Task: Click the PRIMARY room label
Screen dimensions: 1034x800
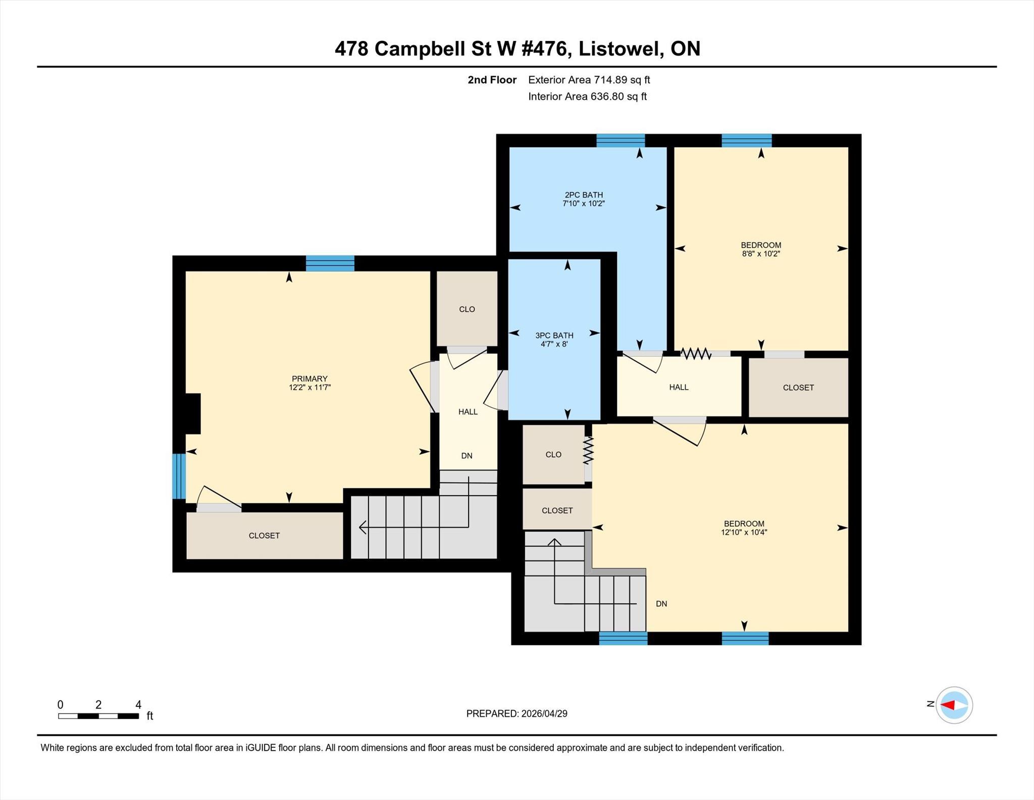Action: pos(309,379)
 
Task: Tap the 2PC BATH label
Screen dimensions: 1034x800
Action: pos(584,195)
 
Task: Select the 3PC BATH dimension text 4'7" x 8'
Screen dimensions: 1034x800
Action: pos(554,344)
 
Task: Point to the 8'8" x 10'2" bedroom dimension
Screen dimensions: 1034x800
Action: pos(761,254)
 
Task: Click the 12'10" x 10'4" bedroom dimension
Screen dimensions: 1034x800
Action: pos(744,532)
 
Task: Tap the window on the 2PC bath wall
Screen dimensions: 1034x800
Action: pos(621,140)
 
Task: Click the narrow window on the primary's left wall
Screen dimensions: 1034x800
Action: pos(179,476)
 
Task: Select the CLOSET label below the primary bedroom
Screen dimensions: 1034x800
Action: pos(264,536)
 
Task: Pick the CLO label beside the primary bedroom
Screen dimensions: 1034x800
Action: pos(467,309)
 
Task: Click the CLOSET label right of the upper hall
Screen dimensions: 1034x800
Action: pos(798,388)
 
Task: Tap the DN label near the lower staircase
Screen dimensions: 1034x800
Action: pos(661,603)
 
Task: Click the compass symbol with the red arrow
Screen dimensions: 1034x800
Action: pos(954,705)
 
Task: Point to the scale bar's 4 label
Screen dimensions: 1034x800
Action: pos(138,704)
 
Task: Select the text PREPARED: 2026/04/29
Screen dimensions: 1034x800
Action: pos(516,714)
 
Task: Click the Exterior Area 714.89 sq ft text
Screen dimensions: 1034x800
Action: pos(589,80)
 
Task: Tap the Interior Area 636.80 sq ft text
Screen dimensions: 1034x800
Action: pos(587,97)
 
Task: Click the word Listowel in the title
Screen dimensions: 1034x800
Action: pos(621,49)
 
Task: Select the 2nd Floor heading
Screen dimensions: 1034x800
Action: pos(492,80)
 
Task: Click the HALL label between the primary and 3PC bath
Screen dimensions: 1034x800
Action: pos(468,412)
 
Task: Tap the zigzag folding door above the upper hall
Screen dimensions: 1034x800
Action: pos(696,353)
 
